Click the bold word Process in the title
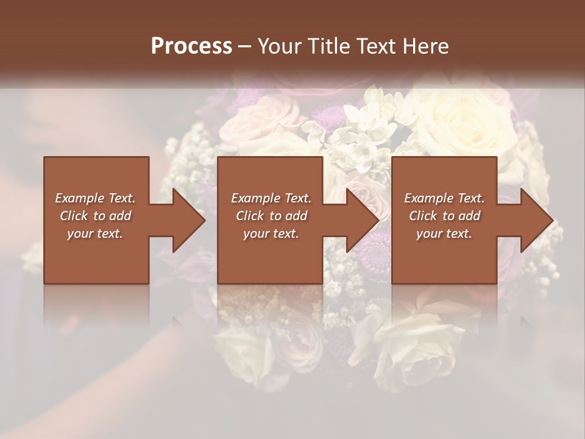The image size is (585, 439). (x=191, y=46)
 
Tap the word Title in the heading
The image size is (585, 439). (x=327, y=46)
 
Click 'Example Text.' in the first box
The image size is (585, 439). (x=95, y=198)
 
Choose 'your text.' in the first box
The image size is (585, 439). (x=95, y=234)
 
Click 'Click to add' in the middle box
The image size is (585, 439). (x=271, y=216)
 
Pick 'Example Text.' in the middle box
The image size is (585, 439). (x=271, y=198)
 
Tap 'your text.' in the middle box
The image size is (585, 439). (x=271, y=234)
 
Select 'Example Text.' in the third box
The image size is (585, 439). (x=444, y=198)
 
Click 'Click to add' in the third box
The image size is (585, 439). (x=444, y=216)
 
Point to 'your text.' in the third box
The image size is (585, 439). (x=444, y=234)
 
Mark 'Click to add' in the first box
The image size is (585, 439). (x=95, y=216)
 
